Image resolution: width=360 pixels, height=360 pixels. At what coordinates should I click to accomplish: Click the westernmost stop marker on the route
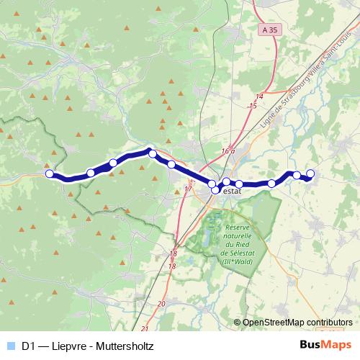tap(49, 174)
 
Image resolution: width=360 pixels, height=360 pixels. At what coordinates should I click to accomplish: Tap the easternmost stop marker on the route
tap(311, 173)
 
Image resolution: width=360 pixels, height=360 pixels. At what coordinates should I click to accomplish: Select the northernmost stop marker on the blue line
tap(152, 153)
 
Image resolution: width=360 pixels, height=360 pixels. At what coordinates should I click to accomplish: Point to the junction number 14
tap(259, 96)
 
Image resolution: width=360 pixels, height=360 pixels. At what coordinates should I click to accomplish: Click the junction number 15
tap(252, 106)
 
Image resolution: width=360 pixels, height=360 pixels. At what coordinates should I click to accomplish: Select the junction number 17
tap(189, 189)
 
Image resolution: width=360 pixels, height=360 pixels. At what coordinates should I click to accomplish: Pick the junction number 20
tap(161, 305)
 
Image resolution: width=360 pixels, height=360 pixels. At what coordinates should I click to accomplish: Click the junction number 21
tap(145, 328)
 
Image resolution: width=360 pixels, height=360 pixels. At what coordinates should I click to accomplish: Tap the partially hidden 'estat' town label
tap(231, 192)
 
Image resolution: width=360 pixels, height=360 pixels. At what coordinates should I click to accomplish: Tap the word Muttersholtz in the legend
tap(124, 346)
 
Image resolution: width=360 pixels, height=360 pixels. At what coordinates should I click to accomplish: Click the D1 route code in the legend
tap(30, 346)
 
